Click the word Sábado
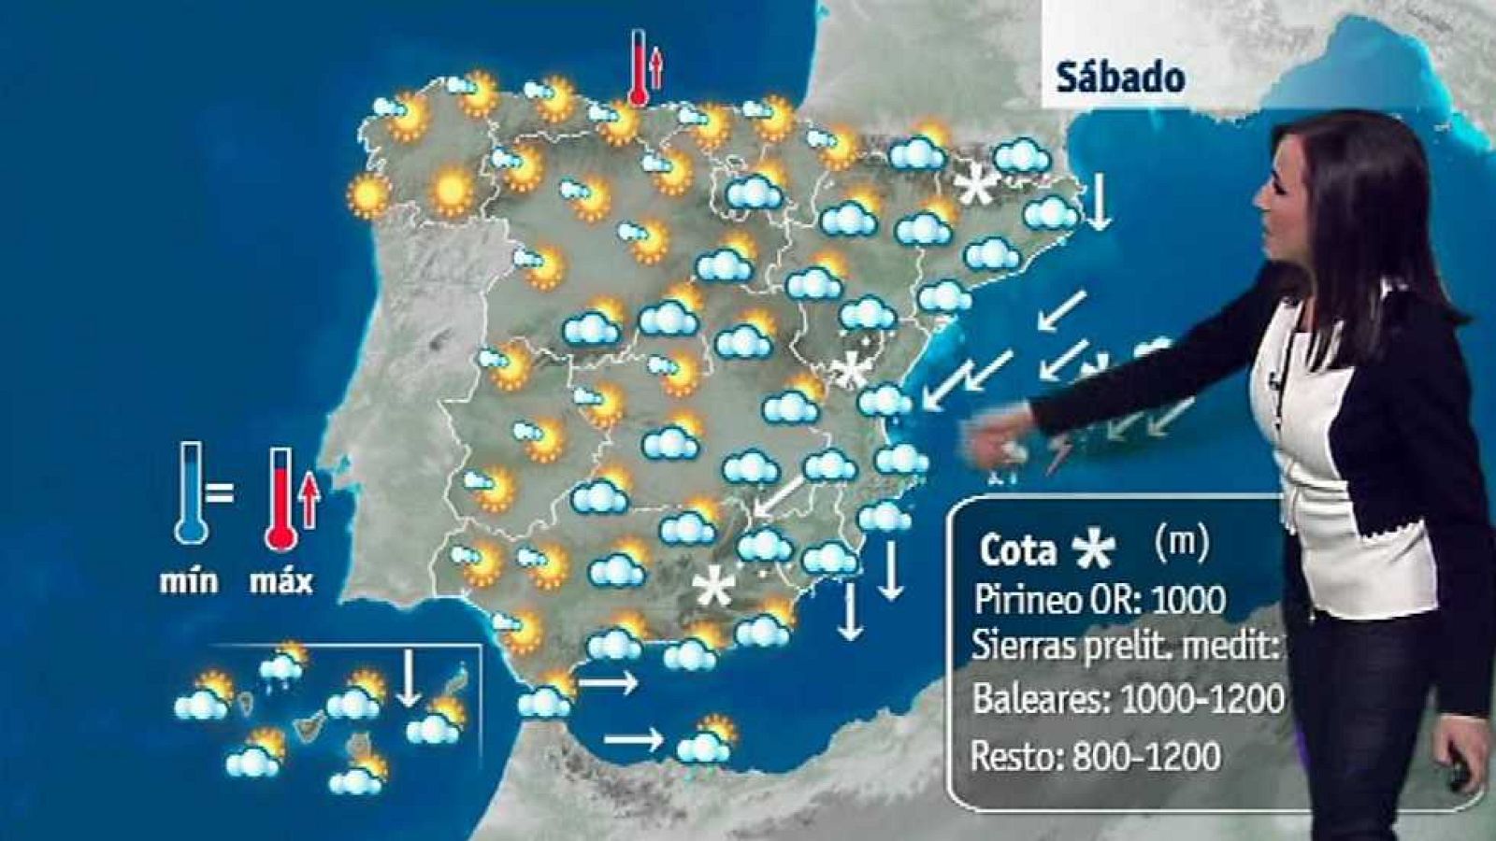1120,78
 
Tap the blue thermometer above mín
192,493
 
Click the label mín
189,581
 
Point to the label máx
280,581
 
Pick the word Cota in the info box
1018,550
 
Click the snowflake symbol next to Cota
1093,550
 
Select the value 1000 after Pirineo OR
1187,599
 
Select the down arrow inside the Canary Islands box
408,678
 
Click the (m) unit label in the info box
1181,541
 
